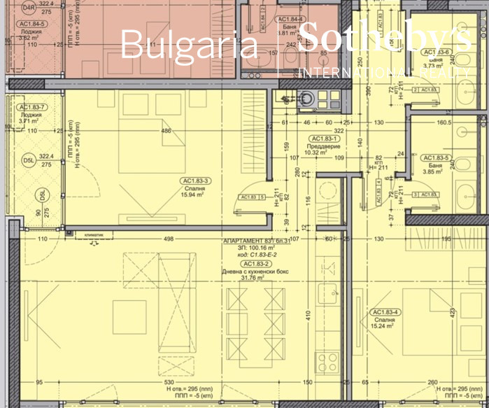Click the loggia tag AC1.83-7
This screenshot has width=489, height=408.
click(32, 107)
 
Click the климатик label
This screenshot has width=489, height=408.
click(94, 235)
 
